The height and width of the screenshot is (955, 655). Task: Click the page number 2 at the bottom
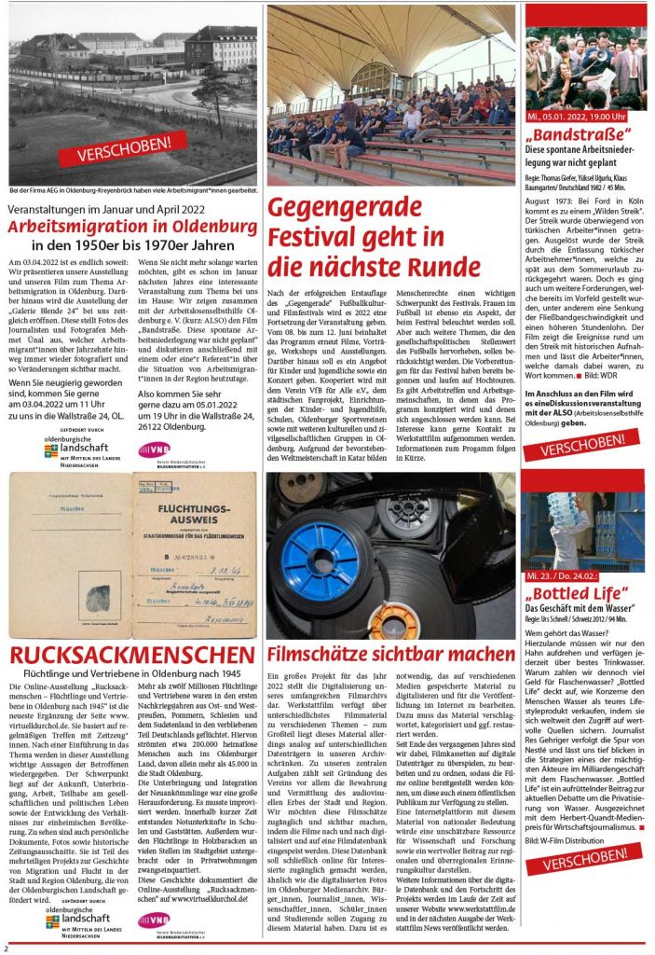point(6,948)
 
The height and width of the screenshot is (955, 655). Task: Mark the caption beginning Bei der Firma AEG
point(131,190)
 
